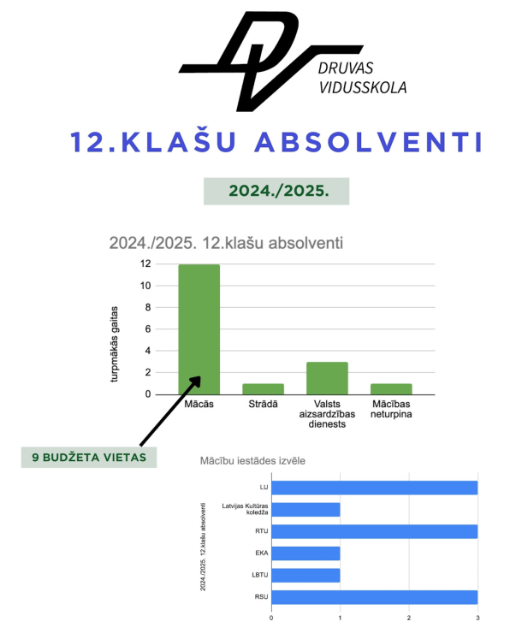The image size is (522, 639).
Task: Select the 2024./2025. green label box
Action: (x=276, y=192)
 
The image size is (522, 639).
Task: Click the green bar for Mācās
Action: (x=199, y=329)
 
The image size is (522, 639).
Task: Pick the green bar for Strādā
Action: (x=263, y=388)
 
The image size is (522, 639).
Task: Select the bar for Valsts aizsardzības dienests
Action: (x=327, y=377)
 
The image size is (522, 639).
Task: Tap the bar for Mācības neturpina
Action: (x=391, y=388)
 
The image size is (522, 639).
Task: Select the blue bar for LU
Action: (x=374, y=488)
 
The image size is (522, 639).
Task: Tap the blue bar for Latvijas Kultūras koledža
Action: (x=305, y=509)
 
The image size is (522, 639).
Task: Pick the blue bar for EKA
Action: (x=305, y=553)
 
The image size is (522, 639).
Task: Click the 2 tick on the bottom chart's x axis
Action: (x=409, y=617)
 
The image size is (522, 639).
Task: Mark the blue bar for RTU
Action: (x=374, y=531)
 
